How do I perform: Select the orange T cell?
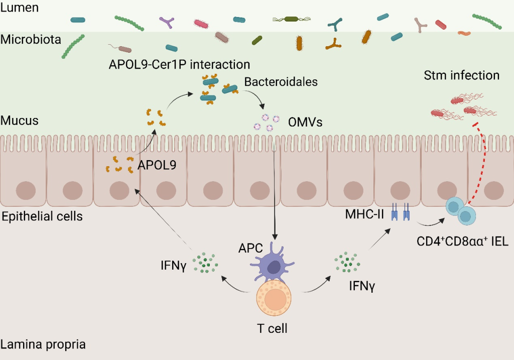(x=274, y=299)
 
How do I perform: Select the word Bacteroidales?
(x=281, y=81)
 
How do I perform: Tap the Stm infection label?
(x=462, y=75)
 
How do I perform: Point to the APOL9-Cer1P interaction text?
(x=179, y=64)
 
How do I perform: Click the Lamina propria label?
(x=43, y=345)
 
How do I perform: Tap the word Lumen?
(x=19, y=8)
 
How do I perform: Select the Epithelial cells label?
(x=42, y=217)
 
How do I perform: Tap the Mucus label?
(x=20, y=121)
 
